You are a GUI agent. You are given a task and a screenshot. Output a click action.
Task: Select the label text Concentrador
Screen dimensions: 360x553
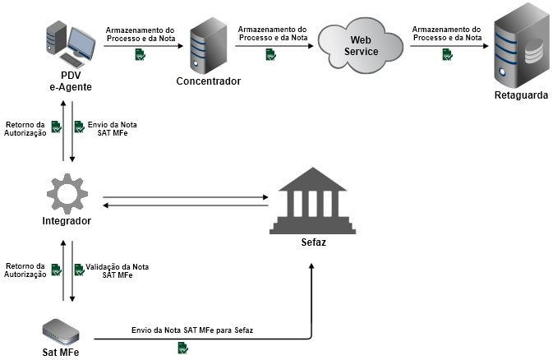[x=209, y=81]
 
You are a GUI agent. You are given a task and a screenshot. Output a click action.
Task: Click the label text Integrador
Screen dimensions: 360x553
[x=67, y=222]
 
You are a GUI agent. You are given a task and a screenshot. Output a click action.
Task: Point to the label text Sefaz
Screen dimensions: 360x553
[x=313, y=243]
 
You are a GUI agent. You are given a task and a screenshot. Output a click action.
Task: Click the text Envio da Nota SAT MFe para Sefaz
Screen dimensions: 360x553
[x=192, y=330]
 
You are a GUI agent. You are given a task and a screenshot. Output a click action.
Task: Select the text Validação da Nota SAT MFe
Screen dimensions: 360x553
[x=118, y=271]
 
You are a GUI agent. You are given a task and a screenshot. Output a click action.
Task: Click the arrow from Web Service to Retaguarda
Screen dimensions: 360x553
[x=447, y=46]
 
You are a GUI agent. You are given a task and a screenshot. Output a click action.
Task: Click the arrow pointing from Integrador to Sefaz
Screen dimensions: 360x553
[x=185, y=197]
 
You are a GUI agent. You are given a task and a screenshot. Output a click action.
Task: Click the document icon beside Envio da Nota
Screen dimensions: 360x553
[x=79, y=127]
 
